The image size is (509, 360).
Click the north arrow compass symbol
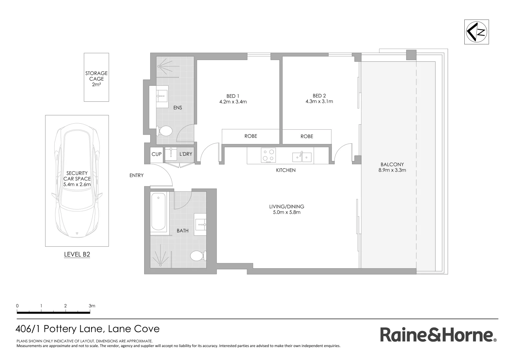click(476, 32)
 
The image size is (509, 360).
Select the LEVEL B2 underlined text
click(77, 255)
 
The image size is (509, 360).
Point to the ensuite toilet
click(164, 131)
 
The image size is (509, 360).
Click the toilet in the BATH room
click(197, 256)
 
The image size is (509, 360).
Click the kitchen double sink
click(302, 157)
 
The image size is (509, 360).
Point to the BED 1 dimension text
click(233, 102)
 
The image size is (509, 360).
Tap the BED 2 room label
click(319, 96)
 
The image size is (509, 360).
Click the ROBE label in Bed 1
click(251, 136)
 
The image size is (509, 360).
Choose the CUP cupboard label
click(156, 154)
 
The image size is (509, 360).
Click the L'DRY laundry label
click(186, 154)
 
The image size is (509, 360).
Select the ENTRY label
click(137, 175)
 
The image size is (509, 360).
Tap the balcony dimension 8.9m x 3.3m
click(392, 170)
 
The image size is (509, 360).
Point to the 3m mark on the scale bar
click(92, 306)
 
